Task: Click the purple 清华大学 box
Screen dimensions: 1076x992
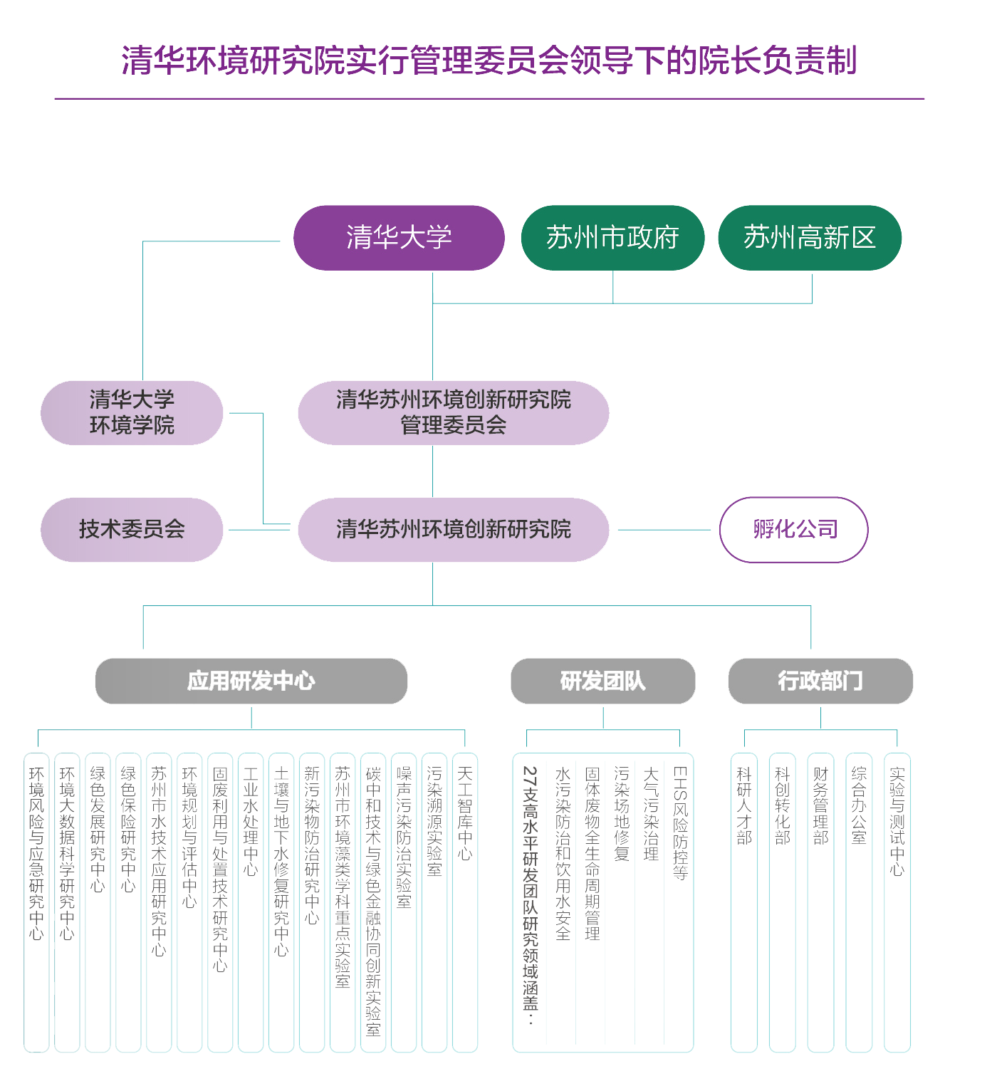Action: pyautogui.click(x=399, y=238)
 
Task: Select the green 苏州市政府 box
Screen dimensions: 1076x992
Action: pyautogui.click(x=612, y=238)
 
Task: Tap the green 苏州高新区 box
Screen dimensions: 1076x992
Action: pyautogui.click(x=810, y=238)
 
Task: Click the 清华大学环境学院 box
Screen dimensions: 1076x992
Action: pyautogui.click(x=132, y=412)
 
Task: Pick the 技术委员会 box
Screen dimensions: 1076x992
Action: pyautogui.click(x=132, y=529)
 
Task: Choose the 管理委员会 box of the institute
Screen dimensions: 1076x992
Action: pyautogui.click(x=453, y=412)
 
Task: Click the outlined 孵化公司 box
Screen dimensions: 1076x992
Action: pyautogui.click(x=794, y=529)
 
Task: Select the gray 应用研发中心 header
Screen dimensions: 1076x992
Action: pyautogui.click(x=251, y=681)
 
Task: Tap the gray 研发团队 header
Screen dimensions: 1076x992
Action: pyautogui.click(x=602, y=681)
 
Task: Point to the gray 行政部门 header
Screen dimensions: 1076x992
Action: pyautogui.click(x=820, y=681)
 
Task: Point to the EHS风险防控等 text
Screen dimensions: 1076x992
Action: pyautogui.click(x=680, y=823)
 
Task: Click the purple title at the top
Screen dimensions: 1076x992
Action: pyautogui.click(x=489, y=61)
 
